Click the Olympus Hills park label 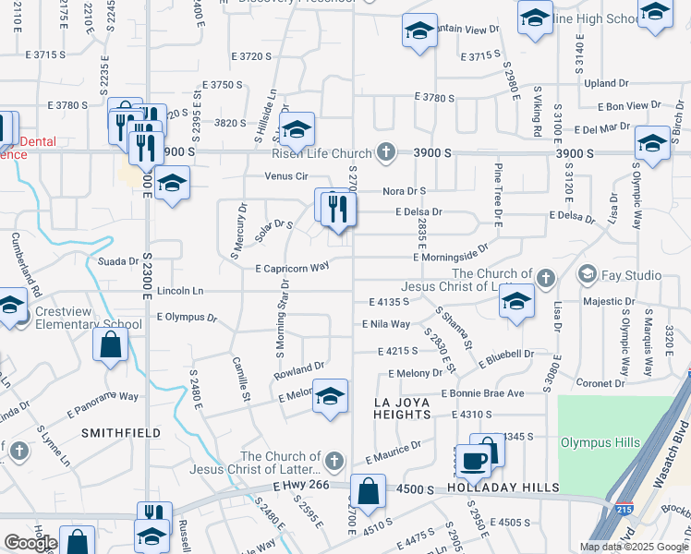(600, 442)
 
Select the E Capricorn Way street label (292, 268)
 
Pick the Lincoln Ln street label (180, 291)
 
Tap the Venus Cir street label (285, 175)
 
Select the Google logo (30, 543)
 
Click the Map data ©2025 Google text (634, 547)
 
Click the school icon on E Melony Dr (330, 395)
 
